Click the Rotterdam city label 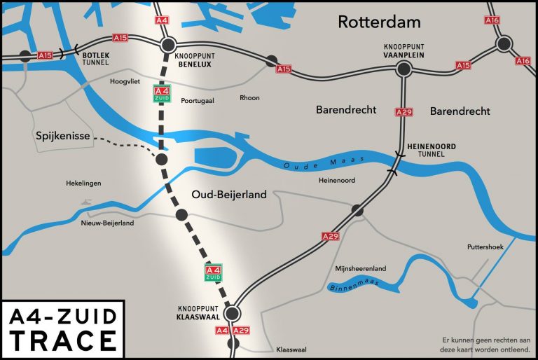coord(379,22)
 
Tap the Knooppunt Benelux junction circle coord(168,46)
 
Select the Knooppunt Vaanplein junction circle coord(403,69)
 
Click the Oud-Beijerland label coord(229,195)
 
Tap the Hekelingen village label coord(83,184)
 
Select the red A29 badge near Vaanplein coord(403,112)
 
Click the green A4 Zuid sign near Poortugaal coord(162,94)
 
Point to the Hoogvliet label coord(126,82)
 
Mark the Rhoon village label coord(250,98)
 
